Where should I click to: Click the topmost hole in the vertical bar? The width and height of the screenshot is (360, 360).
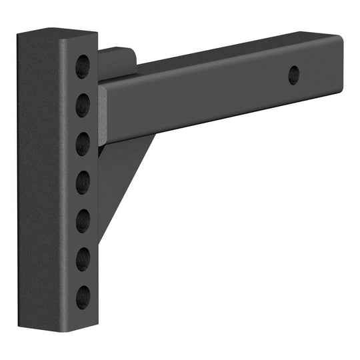tap(83, 65)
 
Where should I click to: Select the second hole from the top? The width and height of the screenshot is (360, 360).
tap(83, 104)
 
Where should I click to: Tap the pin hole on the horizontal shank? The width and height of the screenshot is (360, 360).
tap(293, 75)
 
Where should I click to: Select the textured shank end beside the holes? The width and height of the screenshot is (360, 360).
tap(103, 113)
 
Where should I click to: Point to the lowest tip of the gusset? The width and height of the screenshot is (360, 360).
tap(100, 241)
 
